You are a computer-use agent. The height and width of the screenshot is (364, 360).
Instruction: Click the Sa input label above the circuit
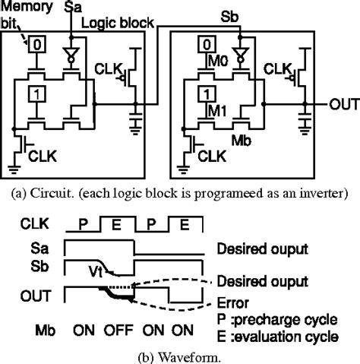coord(73,7)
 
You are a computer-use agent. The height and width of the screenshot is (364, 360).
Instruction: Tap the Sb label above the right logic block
coord(229,17)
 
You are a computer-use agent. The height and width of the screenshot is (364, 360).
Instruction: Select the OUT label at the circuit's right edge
coord(344,104)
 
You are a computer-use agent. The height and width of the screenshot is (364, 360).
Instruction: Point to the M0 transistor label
coord(218,61)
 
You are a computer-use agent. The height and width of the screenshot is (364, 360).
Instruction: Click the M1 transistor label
coord(217,111)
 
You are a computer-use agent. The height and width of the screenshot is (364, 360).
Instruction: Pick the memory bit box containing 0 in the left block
coord(37,45)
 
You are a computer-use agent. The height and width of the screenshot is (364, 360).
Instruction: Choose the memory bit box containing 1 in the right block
coord(207,94)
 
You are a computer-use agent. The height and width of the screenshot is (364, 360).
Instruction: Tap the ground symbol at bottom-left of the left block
coord(14,169)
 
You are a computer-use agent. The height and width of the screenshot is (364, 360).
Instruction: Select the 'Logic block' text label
coord(118,23)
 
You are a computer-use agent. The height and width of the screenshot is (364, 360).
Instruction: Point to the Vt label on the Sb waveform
coord(96,271)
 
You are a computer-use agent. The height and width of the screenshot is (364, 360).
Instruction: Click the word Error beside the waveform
coord(233,302)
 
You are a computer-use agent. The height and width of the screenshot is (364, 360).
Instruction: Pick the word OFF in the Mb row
coord(118,330)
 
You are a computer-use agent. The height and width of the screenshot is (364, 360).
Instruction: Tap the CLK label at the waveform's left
coord(35,223)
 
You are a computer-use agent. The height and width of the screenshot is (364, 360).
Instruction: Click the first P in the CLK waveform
coord(83,223)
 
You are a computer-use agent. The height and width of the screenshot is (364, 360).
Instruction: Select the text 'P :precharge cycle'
coord(277,320)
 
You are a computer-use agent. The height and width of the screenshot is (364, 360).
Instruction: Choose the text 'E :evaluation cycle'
coord(278,337)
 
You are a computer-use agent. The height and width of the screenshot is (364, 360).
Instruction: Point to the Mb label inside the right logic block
coord(242,140)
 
